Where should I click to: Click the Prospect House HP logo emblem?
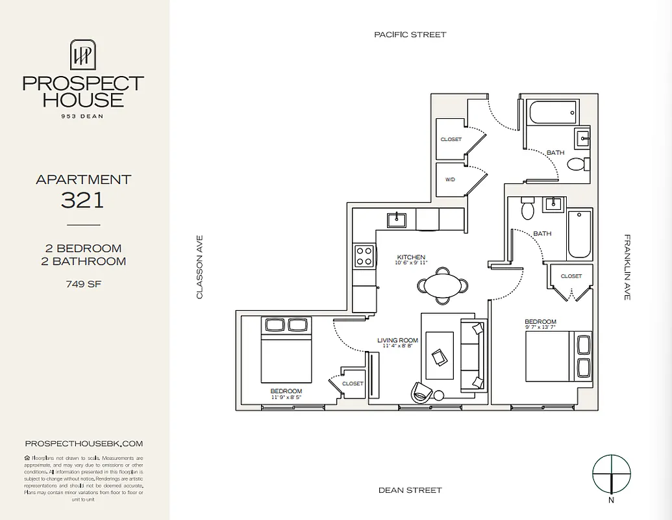(83, 55)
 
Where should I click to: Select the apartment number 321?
(82, 200)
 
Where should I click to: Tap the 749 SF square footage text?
(82, 283)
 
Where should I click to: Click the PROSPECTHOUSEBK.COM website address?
(83, 443)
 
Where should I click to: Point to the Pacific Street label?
(410, 34)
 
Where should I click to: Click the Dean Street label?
(410, 490)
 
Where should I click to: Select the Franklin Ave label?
(627, 267)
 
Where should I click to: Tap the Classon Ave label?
(200, 267)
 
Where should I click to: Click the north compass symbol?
(611, 473)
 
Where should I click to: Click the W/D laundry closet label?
(450, 180)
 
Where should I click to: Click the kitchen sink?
(395, 220)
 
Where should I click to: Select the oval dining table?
(442, 285)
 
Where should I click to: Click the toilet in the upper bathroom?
(577, 163)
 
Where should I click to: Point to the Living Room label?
(398, 340)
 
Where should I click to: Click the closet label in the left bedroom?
(353, 383)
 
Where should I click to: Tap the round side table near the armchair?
(439, 395)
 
